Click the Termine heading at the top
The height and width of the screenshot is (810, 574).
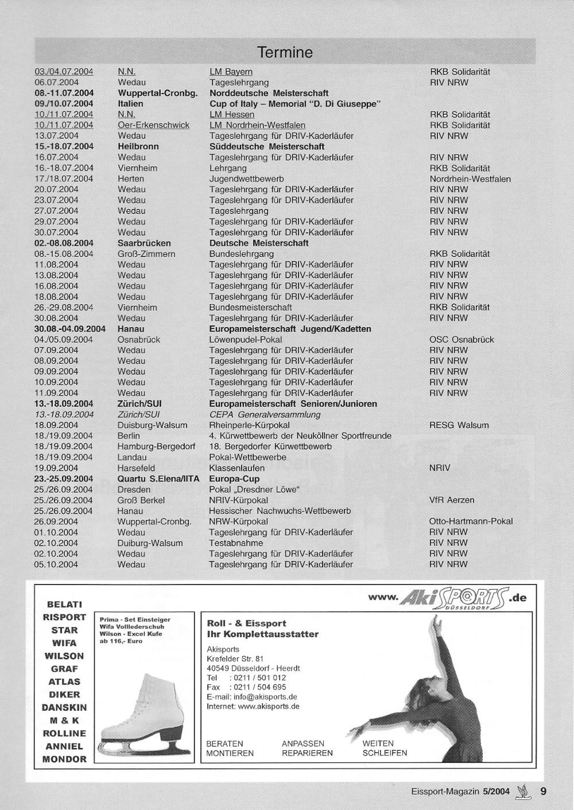point(285,53)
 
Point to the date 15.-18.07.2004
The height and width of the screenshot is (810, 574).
point(64,147)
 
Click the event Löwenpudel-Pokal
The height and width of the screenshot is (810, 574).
point(246,340)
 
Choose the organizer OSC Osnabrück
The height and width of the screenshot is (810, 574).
point(461,340)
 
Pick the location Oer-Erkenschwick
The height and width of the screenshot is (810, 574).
point(153,125)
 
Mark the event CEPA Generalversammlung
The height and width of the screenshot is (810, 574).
point(265,415)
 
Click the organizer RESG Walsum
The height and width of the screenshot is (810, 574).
point(459,425)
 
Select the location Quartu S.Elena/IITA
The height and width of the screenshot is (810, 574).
point(158,479)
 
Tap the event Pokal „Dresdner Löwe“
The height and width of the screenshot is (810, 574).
point(254,489)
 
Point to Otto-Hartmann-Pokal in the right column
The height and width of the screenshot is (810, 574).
point(471,521)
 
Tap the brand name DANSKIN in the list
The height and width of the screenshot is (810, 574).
point(64,708)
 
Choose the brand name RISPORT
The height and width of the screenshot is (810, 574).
point(64,617)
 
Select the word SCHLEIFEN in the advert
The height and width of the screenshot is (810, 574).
point(385,753)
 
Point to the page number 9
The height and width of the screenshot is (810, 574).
point(543,792)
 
